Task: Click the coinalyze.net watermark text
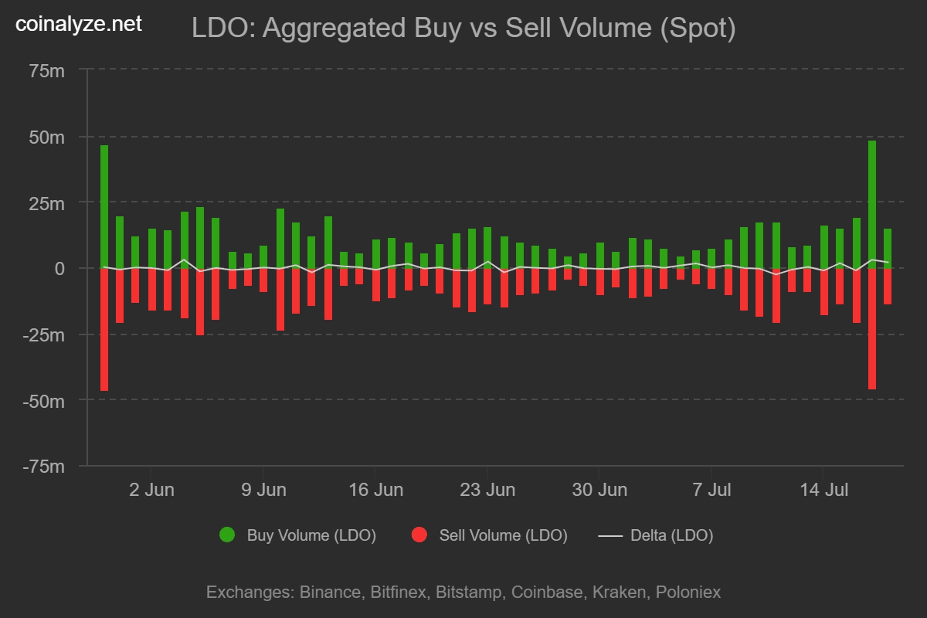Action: coord(80,25)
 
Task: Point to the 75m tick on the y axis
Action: coord(46,71)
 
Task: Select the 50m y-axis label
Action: coord(46,138)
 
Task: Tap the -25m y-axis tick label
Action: coord(43,335)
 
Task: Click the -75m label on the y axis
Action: coord(43,467)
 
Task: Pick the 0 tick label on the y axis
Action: coord(59,269)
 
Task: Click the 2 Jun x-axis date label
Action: coord(151,490)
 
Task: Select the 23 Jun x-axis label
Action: coord(487,490)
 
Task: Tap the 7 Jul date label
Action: coord(711,490)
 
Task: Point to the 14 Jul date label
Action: coord(823,490)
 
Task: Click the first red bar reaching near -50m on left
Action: coord(104,329)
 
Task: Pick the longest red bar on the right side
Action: coord(872,328)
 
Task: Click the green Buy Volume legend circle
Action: coord(227,535)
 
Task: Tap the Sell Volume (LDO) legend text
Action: coord(503,535)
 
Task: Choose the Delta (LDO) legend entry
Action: coord(656,535)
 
